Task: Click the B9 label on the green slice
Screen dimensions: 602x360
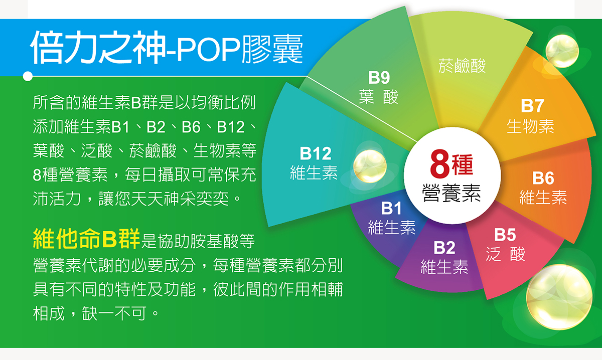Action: coord(379,77)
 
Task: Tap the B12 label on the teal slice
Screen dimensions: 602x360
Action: coord(316,153)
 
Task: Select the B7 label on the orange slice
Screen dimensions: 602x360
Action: coord(533,106)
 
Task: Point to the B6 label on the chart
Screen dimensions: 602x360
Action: coord(543,178)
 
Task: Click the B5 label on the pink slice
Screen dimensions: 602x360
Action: coord(505,235)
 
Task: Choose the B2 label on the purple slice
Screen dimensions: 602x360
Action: coord(444,247)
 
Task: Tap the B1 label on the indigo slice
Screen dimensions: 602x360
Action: coord(391,208)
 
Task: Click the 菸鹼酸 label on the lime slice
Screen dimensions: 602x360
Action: coord(462,66)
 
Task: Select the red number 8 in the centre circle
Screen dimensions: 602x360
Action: coord(439,164)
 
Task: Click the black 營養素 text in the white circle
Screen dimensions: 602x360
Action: coord(451,193)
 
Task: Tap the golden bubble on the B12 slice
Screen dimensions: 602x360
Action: coord(370,166)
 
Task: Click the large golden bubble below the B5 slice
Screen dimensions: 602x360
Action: coord(559,297)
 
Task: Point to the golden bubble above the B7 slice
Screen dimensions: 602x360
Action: coord(562,51)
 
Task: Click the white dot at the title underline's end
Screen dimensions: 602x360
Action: coord(28,76)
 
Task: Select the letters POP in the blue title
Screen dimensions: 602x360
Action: coord(208,49)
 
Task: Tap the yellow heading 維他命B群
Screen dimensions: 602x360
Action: coord(86,239)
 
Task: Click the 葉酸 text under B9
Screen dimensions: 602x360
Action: coord(378,96)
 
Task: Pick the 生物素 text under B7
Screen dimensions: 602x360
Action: coord(530,126)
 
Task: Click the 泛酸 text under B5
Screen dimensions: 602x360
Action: coord(505,254)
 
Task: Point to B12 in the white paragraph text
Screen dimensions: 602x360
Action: coord(231,127)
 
